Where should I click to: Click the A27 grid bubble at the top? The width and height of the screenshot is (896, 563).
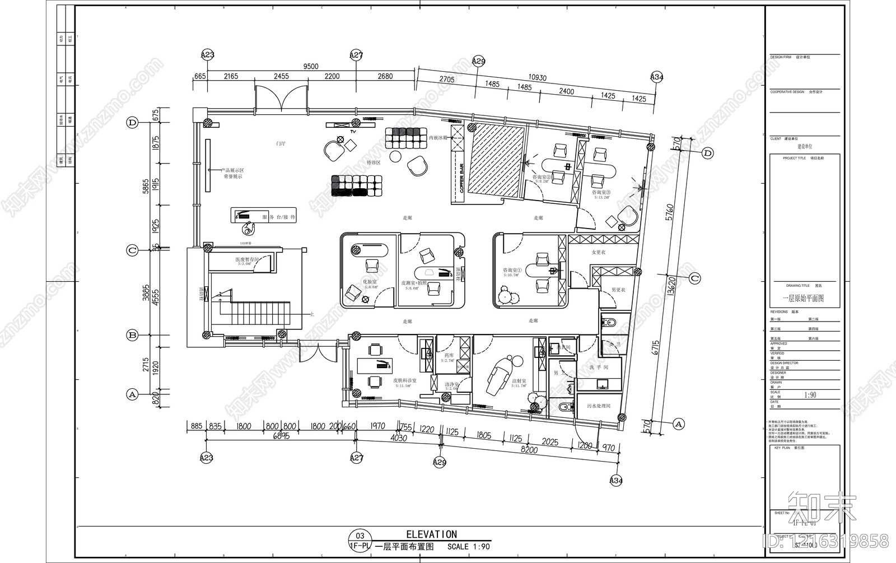(356, 55)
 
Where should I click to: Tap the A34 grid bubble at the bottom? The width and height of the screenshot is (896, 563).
(616, 480)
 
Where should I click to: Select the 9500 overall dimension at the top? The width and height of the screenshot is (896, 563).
(311, 66)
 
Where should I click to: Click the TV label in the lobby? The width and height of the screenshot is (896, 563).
(353, 131)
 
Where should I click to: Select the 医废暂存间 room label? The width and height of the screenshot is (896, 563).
(247, 259)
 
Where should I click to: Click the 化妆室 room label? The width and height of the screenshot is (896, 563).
(370, 282)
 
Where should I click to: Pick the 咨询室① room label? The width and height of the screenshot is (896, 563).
(511, 270)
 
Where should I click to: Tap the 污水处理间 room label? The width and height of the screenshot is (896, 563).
(598, 406)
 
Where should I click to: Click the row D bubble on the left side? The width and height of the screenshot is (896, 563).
(133, 123)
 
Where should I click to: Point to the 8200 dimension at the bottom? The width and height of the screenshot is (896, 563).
(529, 449)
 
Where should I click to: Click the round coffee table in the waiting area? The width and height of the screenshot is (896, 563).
(396, 156)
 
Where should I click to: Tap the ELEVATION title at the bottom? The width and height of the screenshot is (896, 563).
(431, 534)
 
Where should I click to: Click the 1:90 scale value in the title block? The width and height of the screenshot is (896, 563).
(810, 395)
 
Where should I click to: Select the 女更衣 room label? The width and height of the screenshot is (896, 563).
(599, 253)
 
